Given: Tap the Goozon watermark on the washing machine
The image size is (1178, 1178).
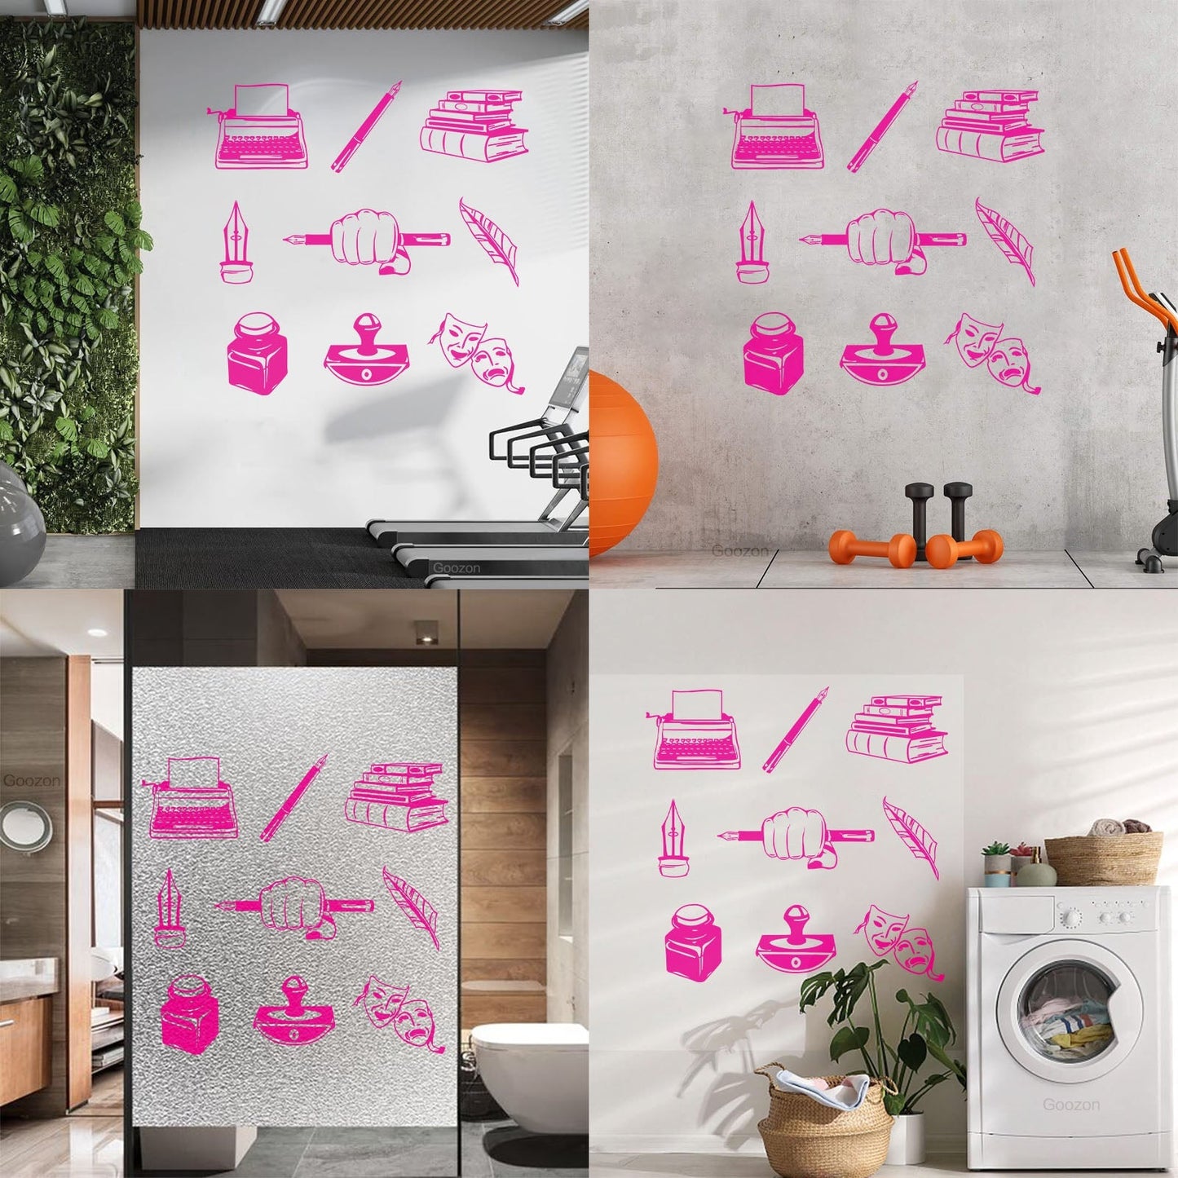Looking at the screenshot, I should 1071,1105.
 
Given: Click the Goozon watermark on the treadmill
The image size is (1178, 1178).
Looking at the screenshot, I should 457,567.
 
